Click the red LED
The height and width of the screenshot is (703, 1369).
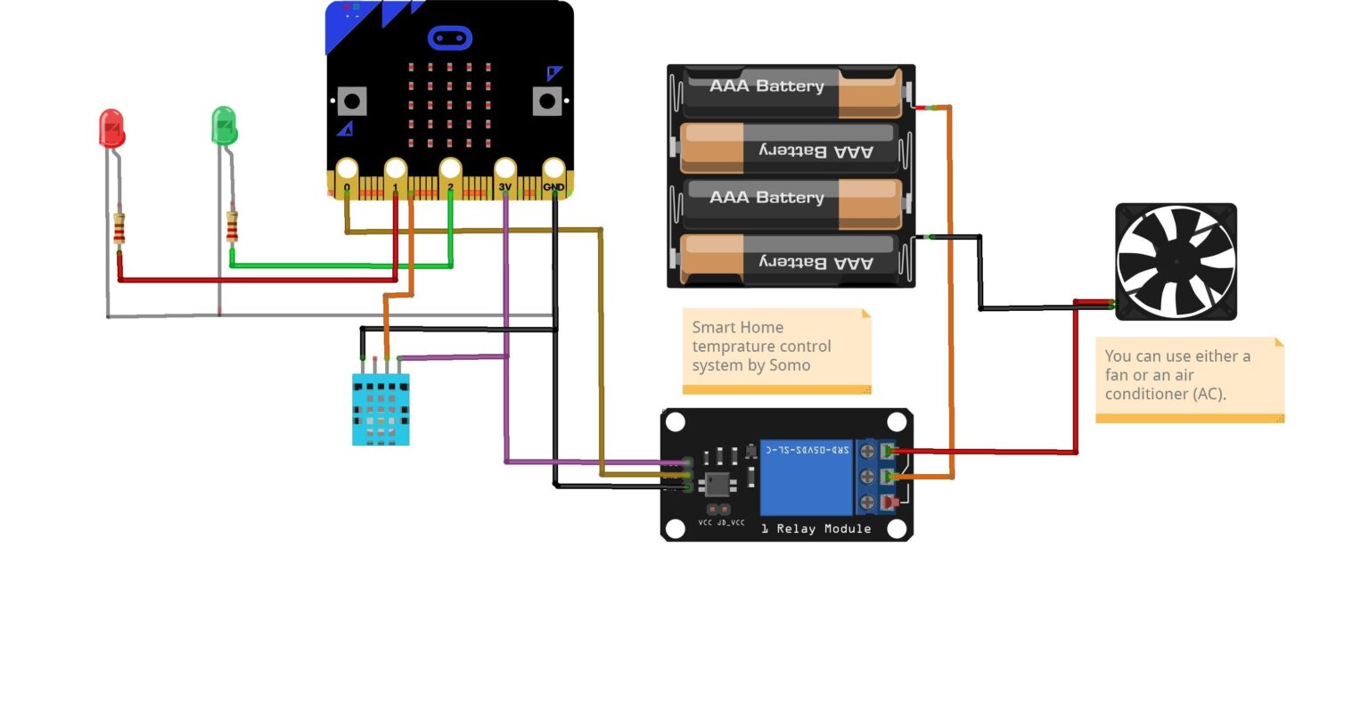pyautogui.click(x=111, y=129)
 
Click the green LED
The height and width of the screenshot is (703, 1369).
pyautogui.click(x=224, y=127)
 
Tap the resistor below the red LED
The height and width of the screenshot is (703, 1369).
pyautogui.click(x=119, y=229)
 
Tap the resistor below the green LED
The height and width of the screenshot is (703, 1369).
pyautogui.click(x=232, y=227)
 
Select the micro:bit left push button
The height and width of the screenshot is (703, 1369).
pyautogui.click(x=351, y=101)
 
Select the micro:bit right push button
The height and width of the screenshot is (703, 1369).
pyautogui.click(x=547, y=101)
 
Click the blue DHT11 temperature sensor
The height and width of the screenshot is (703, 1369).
pyautogui.click(x=381, y=409)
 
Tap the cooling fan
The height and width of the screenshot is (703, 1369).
pyautogui.click(x=1176, y=261)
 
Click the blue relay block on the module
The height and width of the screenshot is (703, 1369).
pyautogui.click(x=806, y=478)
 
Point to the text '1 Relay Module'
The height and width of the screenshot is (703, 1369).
pyautogui.click(x=816, y=529)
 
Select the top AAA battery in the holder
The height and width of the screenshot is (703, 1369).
pyautogui.click(x=791, y=94)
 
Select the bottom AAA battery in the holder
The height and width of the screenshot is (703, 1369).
pyautogui.click(x=791, y=259)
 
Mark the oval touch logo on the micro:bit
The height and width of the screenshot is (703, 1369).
pyautogui.click(x=449, y=38)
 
